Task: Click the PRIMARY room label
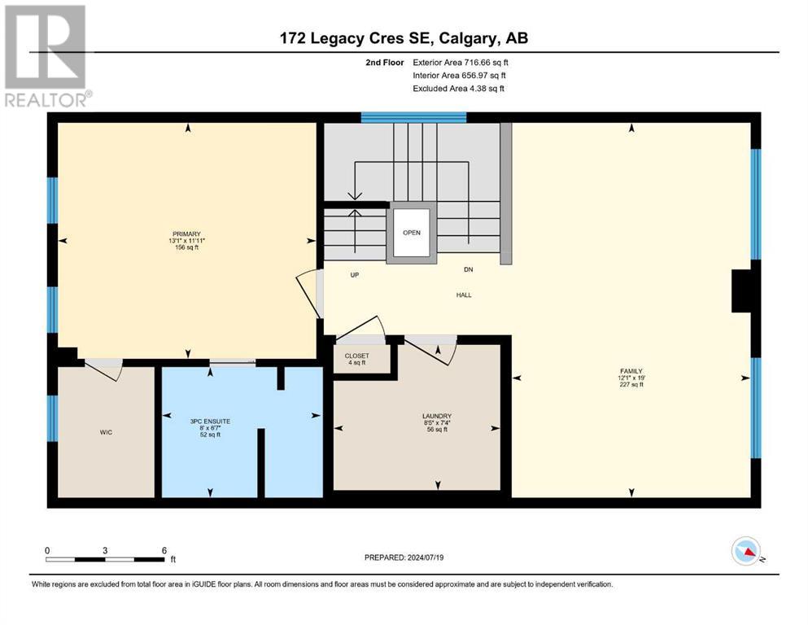tap(186, 234)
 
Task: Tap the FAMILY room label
tap(631, 371)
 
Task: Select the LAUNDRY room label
tap(437, 416)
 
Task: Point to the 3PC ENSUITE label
tap(210, 422)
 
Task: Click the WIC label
tap(106, 432)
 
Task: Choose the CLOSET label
tap(356, 356)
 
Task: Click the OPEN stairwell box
tap(411, 233)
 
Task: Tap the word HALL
tap(464, 295)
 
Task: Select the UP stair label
tap(355, 275)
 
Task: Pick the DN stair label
tap(469, 269)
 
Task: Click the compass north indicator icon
tap(746, 551)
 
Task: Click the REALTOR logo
tap(46, 55)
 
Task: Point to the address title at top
tap(404, 38)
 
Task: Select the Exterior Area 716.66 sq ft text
tap(461, 63)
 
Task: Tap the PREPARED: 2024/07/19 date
tap(404, 557)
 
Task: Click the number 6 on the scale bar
tap(164, 550)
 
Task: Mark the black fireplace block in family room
tap(741, 291)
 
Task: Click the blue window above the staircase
tap(413, 117)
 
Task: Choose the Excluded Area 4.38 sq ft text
tap(459, 89)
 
